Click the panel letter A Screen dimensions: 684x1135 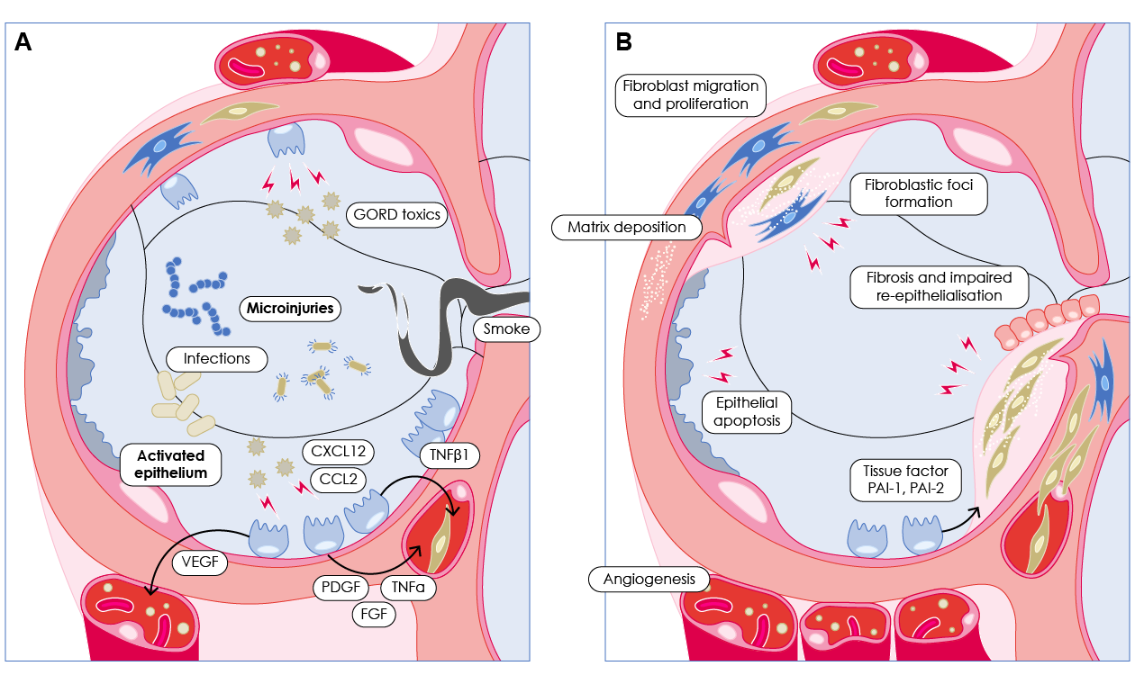pos(23,41)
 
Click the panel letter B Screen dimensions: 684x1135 pos(622,41)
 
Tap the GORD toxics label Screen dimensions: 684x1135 pos(396,214)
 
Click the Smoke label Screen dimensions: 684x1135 pos(507,329)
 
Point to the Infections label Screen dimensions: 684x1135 pos(216,358)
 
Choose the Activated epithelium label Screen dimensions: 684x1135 pos(171,463)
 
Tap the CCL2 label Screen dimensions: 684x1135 pos(339,478)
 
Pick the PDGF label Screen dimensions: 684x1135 pos(340,588)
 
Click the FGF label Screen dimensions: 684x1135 pos(373,615)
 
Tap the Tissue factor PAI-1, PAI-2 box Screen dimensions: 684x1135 pos(906,480)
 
